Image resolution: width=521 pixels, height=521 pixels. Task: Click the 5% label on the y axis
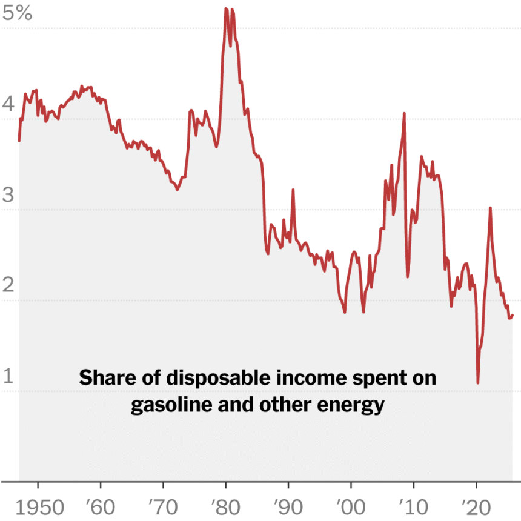(17, 13)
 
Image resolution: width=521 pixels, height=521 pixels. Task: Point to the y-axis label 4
(8, 104)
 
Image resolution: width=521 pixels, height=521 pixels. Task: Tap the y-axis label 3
(8, 195)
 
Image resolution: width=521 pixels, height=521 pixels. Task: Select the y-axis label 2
(8, 286)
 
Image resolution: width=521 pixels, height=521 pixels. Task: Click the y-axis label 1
(8, 377)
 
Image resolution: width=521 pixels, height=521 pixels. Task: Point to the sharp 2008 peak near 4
(404, 113)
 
